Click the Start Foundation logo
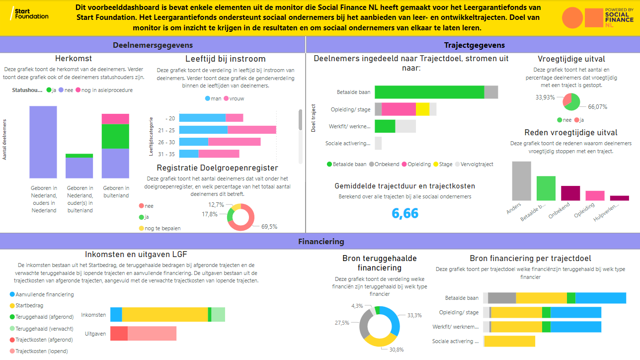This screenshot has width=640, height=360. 29,14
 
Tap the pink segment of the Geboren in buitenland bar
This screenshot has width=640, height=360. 115,119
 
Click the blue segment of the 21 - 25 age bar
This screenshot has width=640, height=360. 203,130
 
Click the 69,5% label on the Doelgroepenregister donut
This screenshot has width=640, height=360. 269,227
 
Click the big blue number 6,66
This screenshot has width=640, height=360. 405,213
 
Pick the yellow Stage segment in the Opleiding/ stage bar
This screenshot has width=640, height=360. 422,109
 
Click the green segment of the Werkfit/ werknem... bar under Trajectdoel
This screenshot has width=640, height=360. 385,126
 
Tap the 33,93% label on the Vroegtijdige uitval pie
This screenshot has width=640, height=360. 545,97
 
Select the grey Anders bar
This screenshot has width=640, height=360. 521,181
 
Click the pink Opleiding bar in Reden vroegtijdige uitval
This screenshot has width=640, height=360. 595,195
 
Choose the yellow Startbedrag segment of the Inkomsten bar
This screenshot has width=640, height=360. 164,315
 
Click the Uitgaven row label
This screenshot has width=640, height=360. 95,334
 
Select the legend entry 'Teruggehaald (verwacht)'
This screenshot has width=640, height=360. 44,329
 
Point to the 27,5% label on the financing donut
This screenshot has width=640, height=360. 342,323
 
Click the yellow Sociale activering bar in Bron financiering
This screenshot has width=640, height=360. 509,341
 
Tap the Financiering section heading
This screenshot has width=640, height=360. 320,242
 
